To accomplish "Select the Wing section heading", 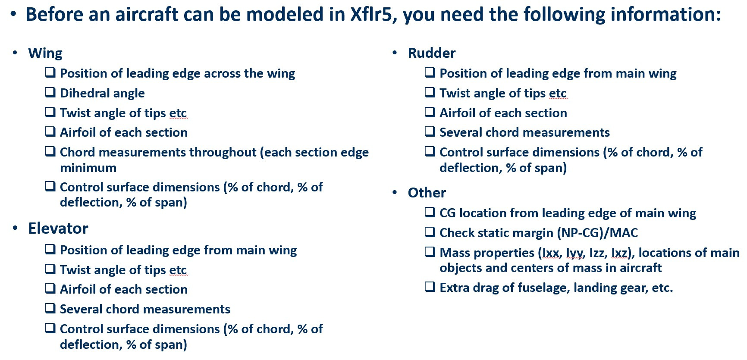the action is (x=45, y=53).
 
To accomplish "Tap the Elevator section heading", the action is (x=58, y=229).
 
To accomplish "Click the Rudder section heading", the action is (x=432, y=53).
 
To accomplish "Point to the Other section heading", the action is (x=427, y=193).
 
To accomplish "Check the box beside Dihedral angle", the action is (x=50, y=92).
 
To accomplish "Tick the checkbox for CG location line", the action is (x=430, y=212).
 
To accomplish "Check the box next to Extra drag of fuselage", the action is (x=430, y=287).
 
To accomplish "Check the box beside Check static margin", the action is (x=430, y=232).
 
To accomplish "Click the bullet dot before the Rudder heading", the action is (x=395, y=53).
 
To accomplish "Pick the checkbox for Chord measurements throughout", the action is (x=50, y=151).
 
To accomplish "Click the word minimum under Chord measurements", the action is (x=88, y=168).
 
